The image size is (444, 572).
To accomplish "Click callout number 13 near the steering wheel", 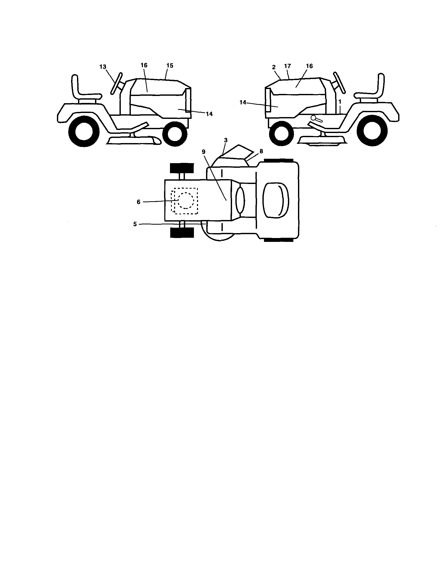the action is [103, 67].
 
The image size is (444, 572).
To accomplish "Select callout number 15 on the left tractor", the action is [170, 65].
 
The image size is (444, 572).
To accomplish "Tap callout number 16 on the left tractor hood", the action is [144, 65].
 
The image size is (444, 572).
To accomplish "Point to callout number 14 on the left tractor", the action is [209, 114].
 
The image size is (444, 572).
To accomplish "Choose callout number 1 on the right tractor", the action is [340, 101].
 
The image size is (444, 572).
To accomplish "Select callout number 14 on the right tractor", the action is [243, 102].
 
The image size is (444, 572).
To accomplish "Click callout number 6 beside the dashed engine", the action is [139, 202].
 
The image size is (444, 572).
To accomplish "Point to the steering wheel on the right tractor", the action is [340, 83].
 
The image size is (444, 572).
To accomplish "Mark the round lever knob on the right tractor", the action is [313, 118].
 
